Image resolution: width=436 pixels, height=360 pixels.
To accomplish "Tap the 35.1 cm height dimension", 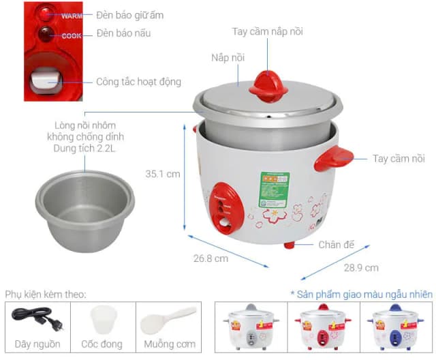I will (x=163, y=174).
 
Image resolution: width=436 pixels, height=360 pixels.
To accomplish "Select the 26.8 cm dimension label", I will (x=211, y=258).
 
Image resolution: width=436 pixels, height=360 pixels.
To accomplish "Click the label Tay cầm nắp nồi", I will (x=267, y=31).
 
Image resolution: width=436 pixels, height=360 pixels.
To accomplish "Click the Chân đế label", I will (x=336, y=244).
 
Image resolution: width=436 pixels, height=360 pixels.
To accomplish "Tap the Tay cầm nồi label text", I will (x=399, y=158).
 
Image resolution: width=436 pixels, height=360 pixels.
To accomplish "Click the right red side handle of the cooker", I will (x=334, y=160).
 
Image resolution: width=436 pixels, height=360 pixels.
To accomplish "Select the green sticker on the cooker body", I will (x=274, y=190).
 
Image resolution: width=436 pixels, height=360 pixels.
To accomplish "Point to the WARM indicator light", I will (x=46, y=14).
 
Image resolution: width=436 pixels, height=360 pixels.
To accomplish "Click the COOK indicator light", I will (x=45, y=32).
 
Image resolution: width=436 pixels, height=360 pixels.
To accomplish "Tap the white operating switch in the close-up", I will (x=44, y=80).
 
